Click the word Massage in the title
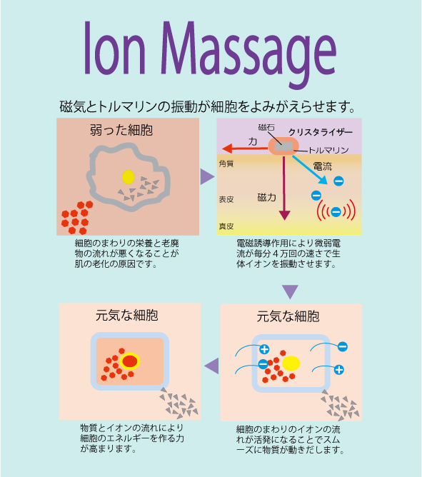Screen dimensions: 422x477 coord(248,55)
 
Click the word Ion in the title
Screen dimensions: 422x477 coord(115,48)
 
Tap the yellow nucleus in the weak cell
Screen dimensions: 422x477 coord(128,177)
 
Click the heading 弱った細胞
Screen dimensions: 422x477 coord(121,130)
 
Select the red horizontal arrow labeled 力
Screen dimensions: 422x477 coord(245,149)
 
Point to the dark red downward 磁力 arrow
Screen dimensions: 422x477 coord(284,188)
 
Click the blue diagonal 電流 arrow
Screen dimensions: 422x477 coord(310,170)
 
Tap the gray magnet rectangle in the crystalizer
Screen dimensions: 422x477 coord(283,146)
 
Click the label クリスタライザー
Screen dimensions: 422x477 coord(320,132)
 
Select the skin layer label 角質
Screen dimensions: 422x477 coord(226,164)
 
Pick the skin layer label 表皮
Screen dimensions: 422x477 coord(226,199)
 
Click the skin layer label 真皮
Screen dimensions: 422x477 coord(226,226)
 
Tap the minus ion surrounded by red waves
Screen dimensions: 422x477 coord(336,211)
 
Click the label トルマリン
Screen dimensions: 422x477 coord(328,150)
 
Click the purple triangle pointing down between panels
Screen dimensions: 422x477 coord(290,292)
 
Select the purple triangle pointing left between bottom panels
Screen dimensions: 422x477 coord(212,366)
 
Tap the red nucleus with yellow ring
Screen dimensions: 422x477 coord(130,361)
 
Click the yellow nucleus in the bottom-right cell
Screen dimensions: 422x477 coord(291,363)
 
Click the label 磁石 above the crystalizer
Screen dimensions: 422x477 coord(266,127)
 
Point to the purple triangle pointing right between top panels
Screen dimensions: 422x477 coord(208,177)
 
